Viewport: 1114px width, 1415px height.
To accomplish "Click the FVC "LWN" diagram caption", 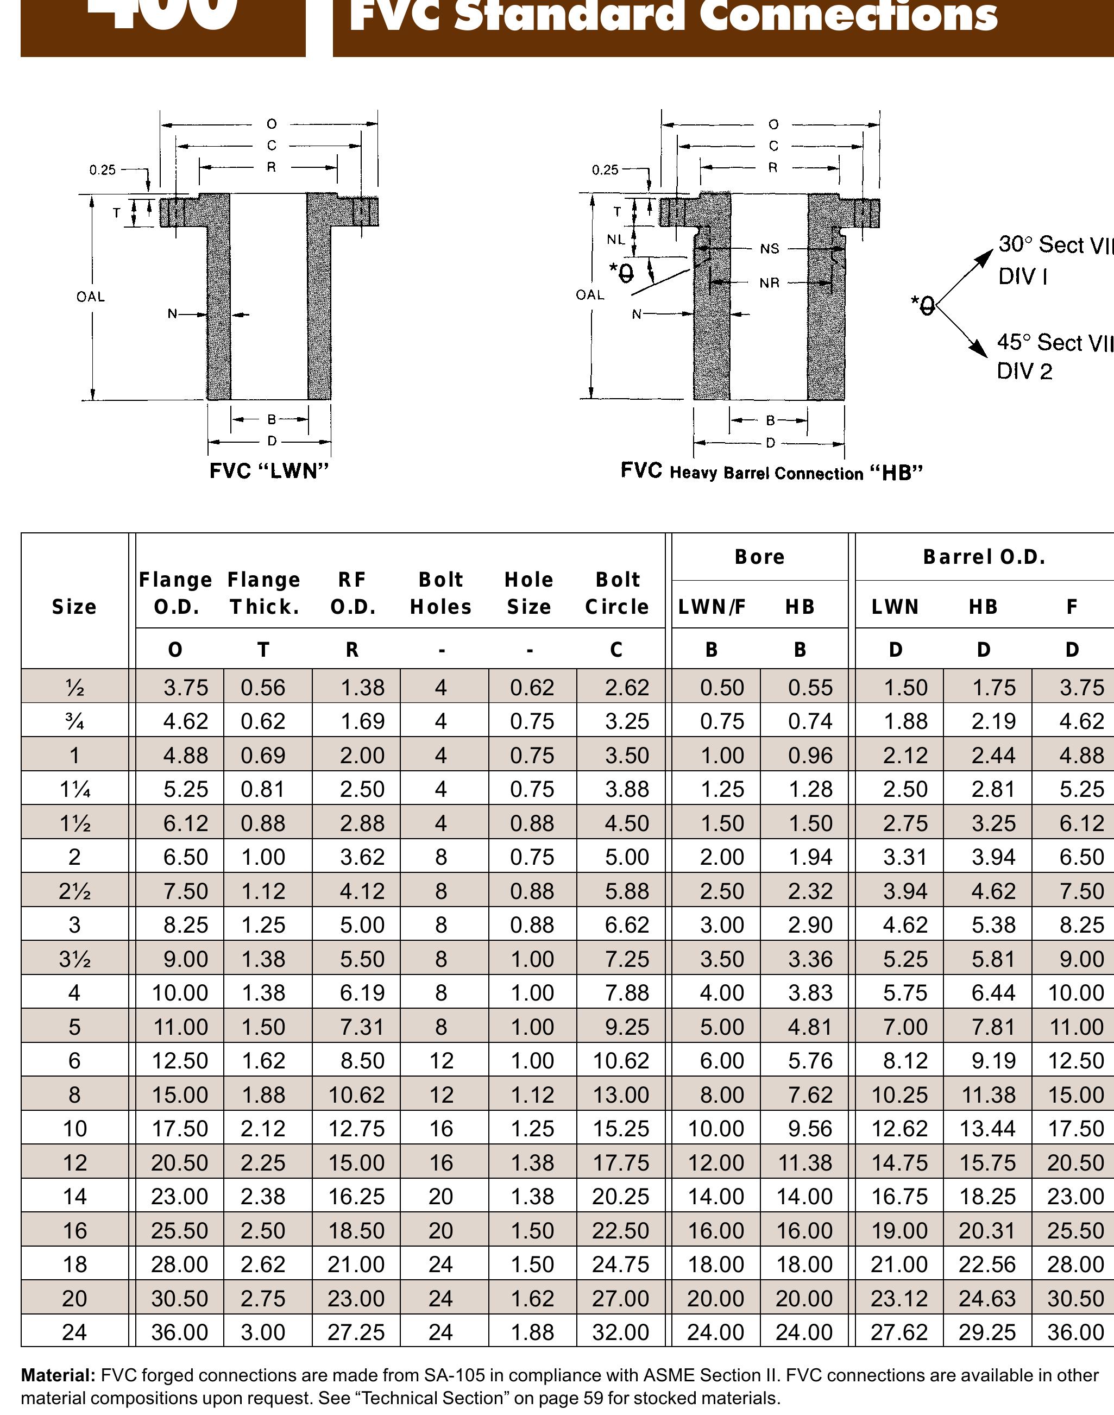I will pyautogui.click(x=269, y=471).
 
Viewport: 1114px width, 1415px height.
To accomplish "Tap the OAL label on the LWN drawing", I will pyautogui.click(x=90, y=297).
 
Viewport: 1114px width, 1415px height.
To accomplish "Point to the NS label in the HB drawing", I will pyautogui.click(x=769, y=249).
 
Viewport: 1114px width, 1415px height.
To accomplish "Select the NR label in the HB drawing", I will pyautogui.click(x=769, y=283).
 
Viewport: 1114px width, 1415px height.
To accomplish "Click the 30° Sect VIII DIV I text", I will pyautogui.click(x=1053, y=260).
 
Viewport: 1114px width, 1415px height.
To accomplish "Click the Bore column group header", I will pyautogui.click(x=759, y=556).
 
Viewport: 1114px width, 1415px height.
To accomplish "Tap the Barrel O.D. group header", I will pyautogui.click(x=984, y=556).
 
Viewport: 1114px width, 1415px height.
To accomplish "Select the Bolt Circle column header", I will pyautogui.click(x=617, y=593).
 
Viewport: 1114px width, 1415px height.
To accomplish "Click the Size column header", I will pyautogui.click(x=74, y=607).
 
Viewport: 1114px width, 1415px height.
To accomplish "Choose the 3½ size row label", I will pyautogui.click(x=74, y=959).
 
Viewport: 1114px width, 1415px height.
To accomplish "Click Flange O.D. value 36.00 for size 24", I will pyautogui.click(x=179, y=1332).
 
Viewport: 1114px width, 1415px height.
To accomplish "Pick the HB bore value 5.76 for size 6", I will pyautogui.click(x=810, y=1061).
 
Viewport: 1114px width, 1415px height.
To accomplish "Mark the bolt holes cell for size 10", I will pyautogui.click(x=441, y=1129).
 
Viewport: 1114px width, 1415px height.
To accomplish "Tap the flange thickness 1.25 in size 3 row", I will pyautogui.click(x=263, y=925).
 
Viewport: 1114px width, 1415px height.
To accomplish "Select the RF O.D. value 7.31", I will pyautogui.click(x=362, y=1027).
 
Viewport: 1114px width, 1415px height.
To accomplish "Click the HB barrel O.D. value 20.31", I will pyautogui.click(x=987, y=1230).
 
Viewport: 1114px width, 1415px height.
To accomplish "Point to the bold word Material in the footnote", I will pyautogui.click(x=58, y=1375).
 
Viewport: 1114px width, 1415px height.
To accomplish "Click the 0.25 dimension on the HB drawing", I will pyautogui.click(x=605, y=169).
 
